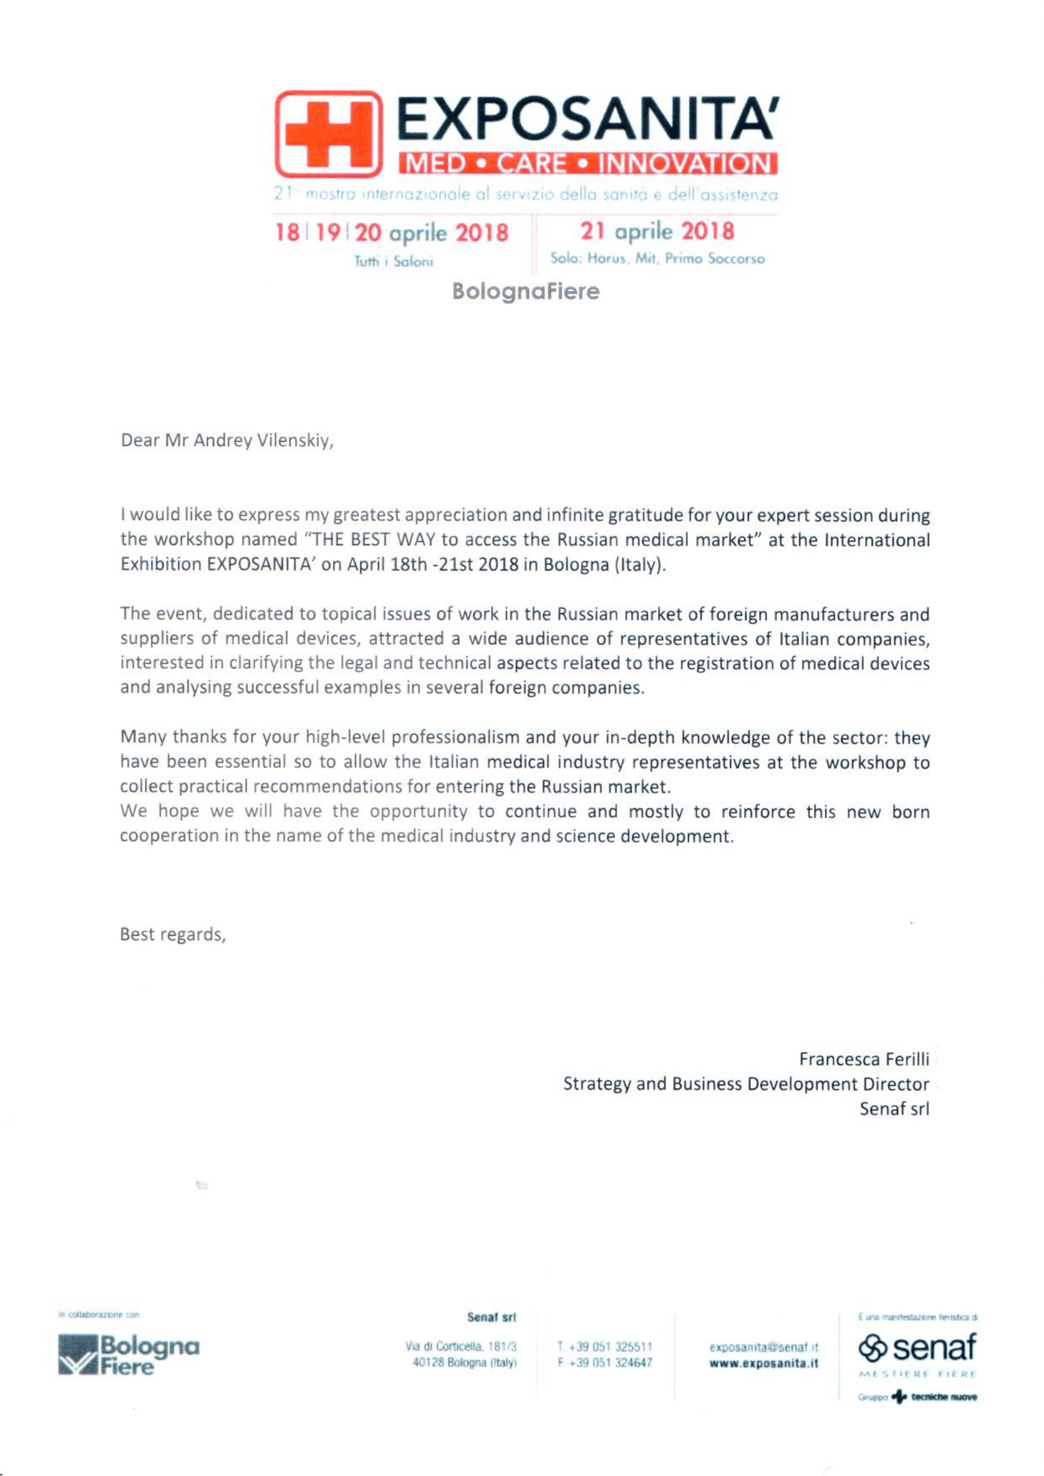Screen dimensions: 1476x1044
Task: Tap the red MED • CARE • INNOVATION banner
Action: [587, 163]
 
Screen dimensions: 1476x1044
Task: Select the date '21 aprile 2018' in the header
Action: [657, 232]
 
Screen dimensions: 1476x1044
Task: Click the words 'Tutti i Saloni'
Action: [393, 262]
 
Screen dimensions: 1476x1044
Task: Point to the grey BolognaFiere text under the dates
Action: [525, 291]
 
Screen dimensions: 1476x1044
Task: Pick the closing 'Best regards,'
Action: [172, 934]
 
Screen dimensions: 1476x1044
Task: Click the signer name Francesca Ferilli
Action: [863, 1059]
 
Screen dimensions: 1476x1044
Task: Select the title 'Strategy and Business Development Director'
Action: [745, 1084]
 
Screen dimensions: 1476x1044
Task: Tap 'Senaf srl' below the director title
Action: [894, 1109]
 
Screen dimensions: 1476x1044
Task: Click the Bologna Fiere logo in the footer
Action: [129, 1355]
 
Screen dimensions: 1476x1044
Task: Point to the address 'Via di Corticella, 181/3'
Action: [460, 1346]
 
